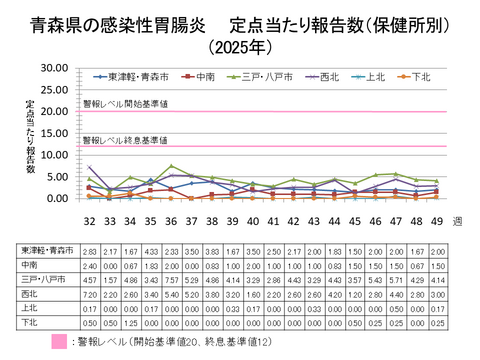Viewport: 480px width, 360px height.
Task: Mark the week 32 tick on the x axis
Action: click(x=89, y=219)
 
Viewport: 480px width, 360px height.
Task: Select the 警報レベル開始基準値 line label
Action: click(x=125, y=103)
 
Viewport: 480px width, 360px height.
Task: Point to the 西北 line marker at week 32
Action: click(x=89, y=167)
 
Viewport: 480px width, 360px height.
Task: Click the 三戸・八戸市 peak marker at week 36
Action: click(x=172, y=166)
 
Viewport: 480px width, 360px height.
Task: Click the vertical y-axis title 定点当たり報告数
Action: click(x=31, y=135)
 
